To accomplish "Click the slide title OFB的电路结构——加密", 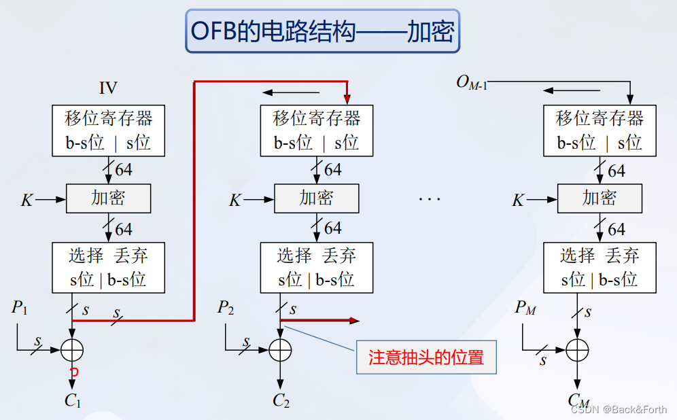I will tap(323, 31).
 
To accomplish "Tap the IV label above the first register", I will tap(108, 88).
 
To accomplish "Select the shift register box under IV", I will tap(108, 130).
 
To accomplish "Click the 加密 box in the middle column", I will tap(316, 198).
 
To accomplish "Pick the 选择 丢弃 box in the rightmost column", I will tap(600, 268).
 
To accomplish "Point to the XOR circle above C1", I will tap(72, 349).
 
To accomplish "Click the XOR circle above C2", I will tap(280, 349).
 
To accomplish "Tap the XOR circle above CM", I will tap(576, 349).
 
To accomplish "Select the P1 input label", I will tap(20, 308).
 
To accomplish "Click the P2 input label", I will tap(226, 308).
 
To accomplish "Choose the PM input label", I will tap(525, 308).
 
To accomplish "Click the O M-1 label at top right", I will tap(472, 82).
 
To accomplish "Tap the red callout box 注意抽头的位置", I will tap(426, 357).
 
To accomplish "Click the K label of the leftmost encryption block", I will tap(27, 200).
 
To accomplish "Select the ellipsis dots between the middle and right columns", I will tap(430, 199).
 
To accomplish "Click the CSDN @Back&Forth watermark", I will tap(619, 409).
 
